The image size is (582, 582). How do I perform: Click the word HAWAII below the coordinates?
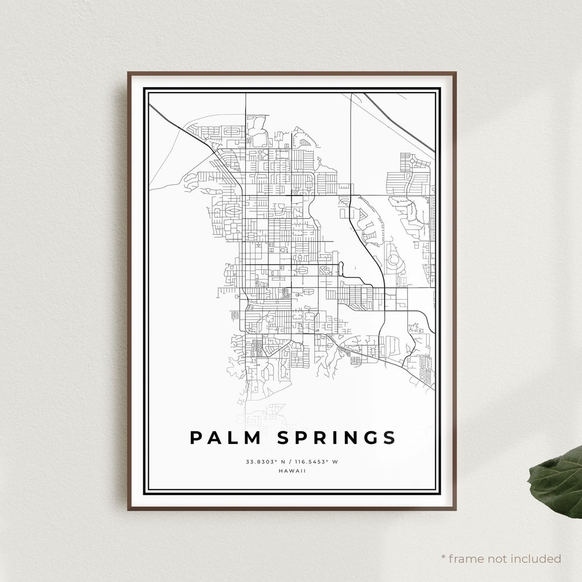click(293, 470)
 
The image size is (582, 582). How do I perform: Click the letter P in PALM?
click(196, 438)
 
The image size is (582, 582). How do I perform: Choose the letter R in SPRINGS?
click(315, 438)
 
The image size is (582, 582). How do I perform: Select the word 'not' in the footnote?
click(487, 559)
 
